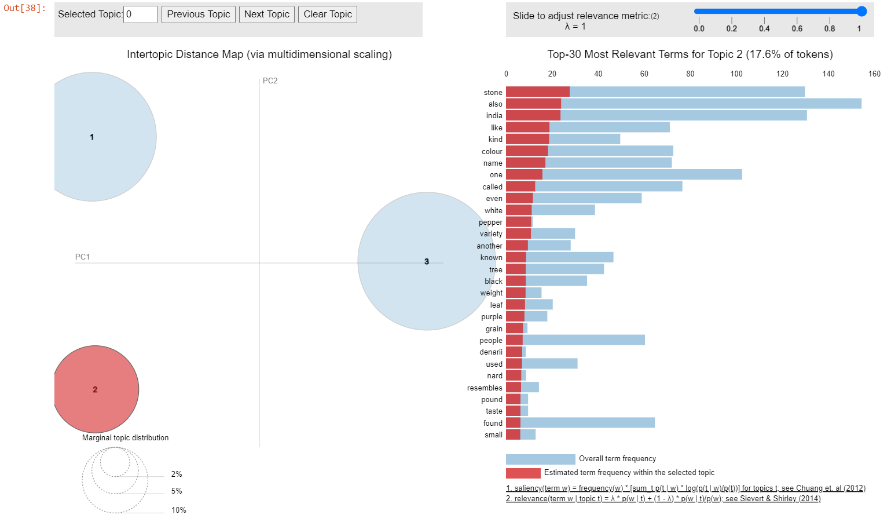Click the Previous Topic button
click(x=198, y=14)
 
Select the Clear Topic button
click(x=328, y=14)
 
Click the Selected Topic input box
click(x=141, y=14)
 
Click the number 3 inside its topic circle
click(x=427, y=262)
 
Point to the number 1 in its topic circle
click(x=92, y=137)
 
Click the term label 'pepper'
click(x=490, y=222)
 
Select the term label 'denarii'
click(x=491, y=352)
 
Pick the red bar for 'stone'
click(x=538, y=92)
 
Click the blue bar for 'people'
click(x=584, y=340)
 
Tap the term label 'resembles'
click(x=485, y=388)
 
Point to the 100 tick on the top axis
click(x=736, y=74)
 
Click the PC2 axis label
click(x=270, y=81)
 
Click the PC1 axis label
click(x=82, y=257)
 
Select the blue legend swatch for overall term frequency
click(x=540, y=459)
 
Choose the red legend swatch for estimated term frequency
click(x=523, y=473)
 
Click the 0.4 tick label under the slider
click(x=764, y=29)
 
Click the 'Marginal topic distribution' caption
click(x=125, y=438)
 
